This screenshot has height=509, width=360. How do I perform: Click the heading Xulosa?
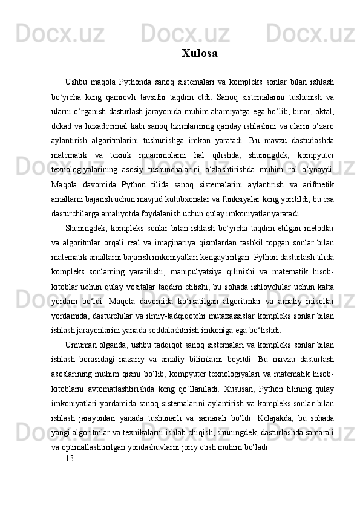[200, 54]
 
